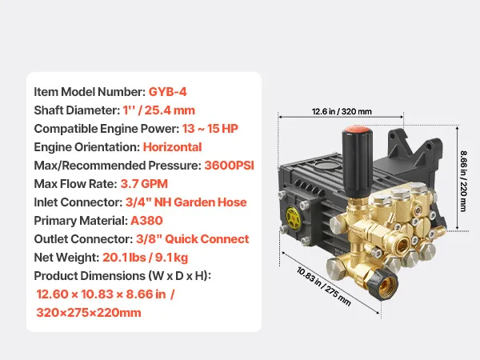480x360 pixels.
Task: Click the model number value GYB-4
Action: coord(167,92)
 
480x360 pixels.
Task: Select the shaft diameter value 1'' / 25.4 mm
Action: coord(159,110)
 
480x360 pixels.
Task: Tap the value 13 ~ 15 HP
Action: coord(210,129)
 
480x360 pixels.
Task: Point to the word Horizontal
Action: coord(172,147)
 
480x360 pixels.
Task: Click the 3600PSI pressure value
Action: coord(230,166)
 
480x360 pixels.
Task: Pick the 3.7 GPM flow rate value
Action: coord(144,184)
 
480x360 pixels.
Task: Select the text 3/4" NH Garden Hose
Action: coord(186,202)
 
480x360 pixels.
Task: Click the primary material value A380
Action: coord(146,221)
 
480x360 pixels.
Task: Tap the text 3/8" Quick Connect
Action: coord(193,239)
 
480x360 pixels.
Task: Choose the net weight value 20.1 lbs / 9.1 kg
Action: coord(145,258)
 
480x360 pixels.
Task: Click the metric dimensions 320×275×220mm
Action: coord(89,313)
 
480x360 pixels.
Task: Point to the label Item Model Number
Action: coord(90,92)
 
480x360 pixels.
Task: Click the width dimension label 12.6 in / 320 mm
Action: coord(342,111)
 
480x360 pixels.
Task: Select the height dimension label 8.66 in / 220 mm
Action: coord(464,181)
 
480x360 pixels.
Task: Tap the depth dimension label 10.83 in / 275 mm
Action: coord(323,286)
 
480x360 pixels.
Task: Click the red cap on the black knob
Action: coord(357,130)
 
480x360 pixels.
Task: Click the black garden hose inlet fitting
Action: coord(382,284)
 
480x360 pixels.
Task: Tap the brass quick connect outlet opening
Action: coord(402,244)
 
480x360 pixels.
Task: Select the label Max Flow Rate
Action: coord(76,184)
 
